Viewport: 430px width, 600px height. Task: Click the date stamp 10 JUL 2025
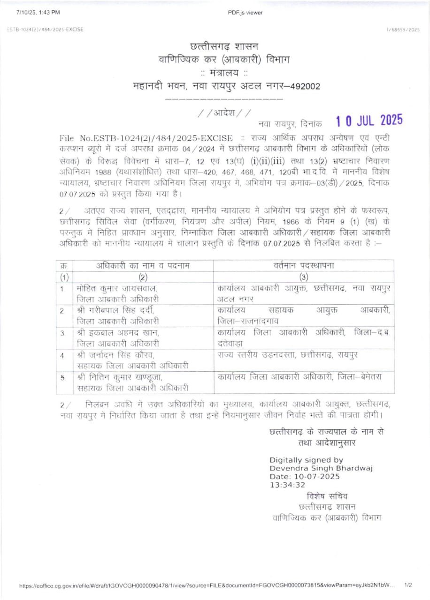(x=369, y=120)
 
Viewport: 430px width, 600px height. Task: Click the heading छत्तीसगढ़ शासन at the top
(x=224, y=46)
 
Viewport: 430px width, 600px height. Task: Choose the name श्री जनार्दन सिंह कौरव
(x=115, y=355)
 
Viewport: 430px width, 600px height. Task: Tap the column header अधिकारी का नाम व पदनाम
(x=143, y=265)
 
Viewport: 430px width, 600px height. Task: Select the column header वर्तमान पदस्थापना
(x=304, y=265)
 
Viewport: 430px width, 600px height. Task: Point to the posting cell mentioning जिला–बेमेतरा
(x=299, y=377)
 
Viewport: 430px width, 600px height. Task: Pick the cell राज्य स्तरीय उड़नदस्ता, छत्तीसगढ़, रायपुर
(x=287, y=355)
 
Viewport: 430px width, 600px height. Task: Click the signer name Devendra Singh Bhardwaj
(x=321, y=468)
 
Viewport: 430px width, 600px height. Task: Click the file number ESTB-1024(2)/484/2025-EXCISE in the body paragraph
(x=146, y=138)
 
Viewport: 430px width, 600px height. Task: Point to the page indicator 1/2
(x=408, y=585)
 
